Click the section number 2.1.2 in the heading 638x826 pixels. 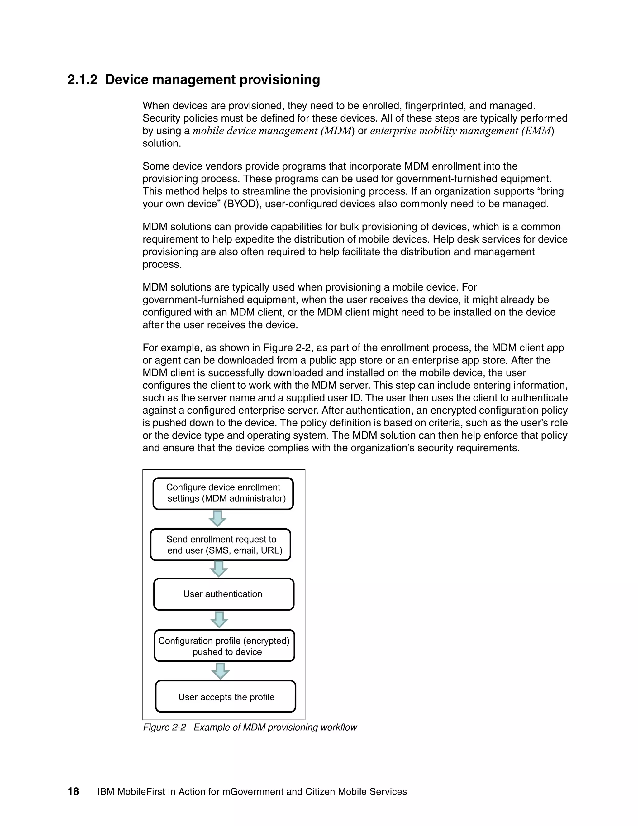(x=82, y=80)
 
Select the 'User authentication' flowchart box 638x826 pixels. (x=223, y=594)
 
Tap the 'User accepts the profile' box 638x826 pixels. (x=226, y=697)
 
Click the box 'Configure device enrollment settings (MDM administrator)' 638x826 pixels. (x=223, y=493)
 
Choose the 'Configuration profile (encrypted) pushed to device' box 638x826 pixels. (x=224, y=646)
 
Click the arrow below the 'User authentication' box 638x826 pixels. (x=219, y=620)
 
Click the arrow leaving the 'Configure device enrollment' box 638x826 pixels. (x=217, y=519)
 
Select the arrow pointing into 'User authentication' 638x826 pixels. (x=218, y=569)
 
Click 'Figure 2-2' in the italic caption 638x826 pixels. (x=164, y=727)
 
